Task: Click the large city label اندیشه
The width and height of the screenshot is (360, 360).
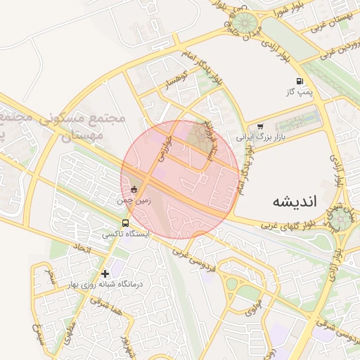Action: coord(295,201)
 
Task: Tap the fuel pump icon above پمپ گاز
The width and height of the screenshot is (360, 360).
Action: coord(300,81)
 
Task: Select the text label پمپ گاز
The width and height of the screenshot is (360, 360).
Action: coord(298,92)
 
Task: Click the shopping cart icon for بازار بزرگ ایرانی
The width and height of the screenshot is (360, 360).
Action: coord(261,127)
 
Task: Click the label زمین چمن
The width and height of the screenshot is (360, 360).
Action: coord(134,200)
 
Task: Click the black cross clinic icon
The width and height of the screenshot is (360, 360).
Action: coord(105,274)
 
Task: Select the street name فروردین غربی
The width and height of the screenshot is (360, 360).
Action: coord(338,51)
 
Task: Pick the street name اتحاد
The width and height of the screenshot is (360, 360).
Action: coord(83,248)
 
